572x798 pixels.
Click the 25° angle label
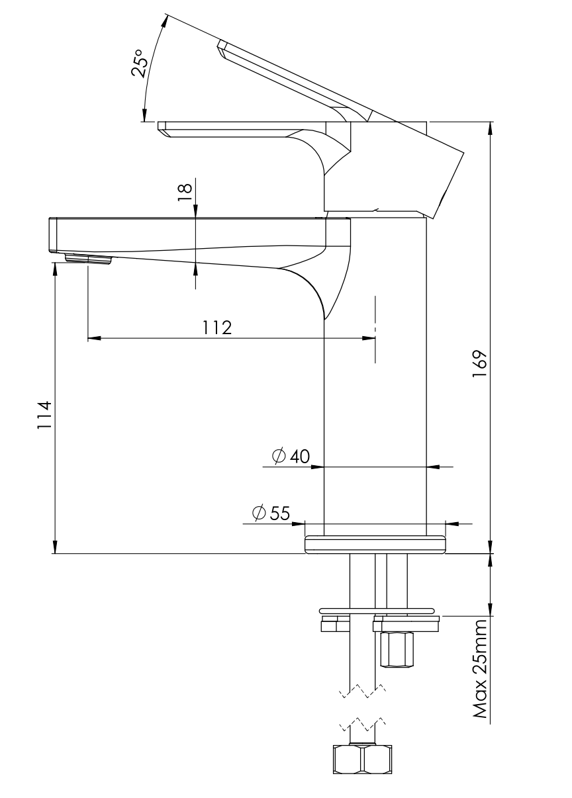(x=139, y=64)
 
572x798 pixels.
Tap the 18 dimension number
(x=185, y=193)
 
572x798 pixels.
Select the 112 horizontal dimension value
(x=217, y=328)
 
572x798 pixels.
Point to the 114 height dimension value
(x=45, y=415)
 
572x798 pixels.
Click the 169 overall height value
(x=479, y=365)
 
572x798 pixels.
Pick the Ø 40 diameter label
(x=291, y=456)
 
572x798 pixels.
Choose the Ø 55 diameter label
(x=271, y=513)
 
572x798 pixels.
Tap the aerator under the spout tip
(x=88, y=259)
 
